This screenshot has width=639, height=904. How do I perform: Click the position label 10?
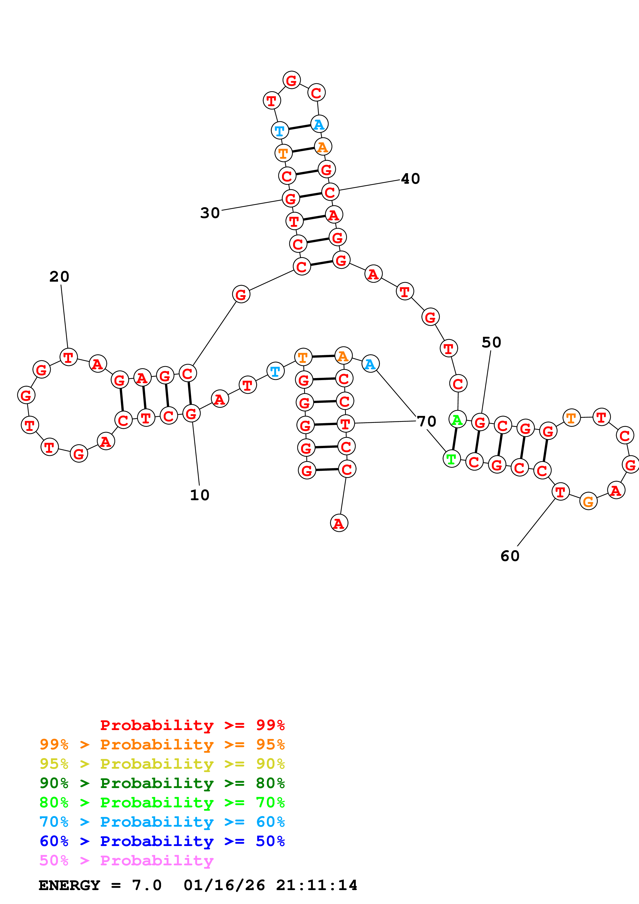point(199,495)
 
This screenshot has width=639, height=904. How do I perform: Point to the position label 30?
point(210,213)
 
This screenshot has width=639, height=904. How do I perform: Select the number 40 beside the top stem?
point(410,179)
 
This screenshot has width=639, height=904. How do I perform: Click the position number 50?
point(491,342)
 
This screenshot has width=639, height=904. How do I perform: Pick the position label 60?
point(510,556)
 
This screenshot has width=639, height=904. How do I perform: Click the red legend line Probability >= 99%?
point(192,725)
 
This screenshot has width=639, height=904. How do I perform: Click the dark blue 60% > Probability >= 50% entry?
point(162,841)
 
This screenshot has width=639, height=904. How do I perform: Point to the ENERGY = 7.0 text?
point(100,885)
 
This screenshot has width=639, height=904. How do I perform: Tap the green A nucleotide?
point(457,420)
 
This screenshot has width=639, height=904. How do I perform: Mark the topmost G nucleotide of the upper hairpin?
point(291,80)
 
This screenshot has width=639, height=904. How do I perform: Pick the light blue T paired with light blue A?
point(279,130)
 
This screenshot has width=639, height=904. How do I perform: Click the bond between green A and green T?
point(454,439)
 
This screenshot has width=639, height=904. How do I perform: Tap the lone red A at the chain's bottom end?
point(339,523)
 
